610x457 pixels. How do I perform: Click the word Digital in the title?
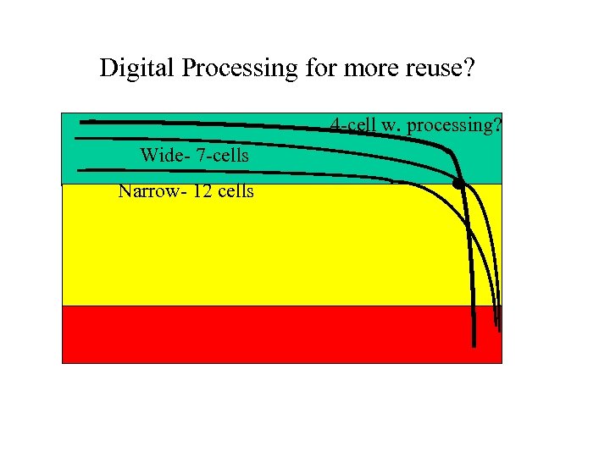(x=131, y=68)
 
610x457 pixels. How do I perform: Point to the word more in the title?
(x=369, y=68)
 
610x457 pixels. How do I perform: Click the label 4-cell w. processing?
(x=416, y=125)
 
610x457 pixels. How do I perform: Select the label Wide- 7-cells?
(x=194, y=156)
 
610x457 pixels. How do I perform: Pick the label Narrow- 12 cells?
(x=186, y=190)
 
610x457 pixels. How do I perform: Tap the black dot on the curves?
(x=458, y=182)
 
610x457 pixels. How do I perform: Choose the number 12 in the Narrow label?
(x=202, y=190)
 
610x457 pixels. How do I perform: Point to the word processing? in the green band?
(x=455, y=126)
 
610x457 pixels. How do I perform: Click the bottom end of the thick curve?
(x=474, y=344)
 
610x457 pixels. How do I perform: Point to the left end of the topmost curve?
(x=82, y=122)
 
